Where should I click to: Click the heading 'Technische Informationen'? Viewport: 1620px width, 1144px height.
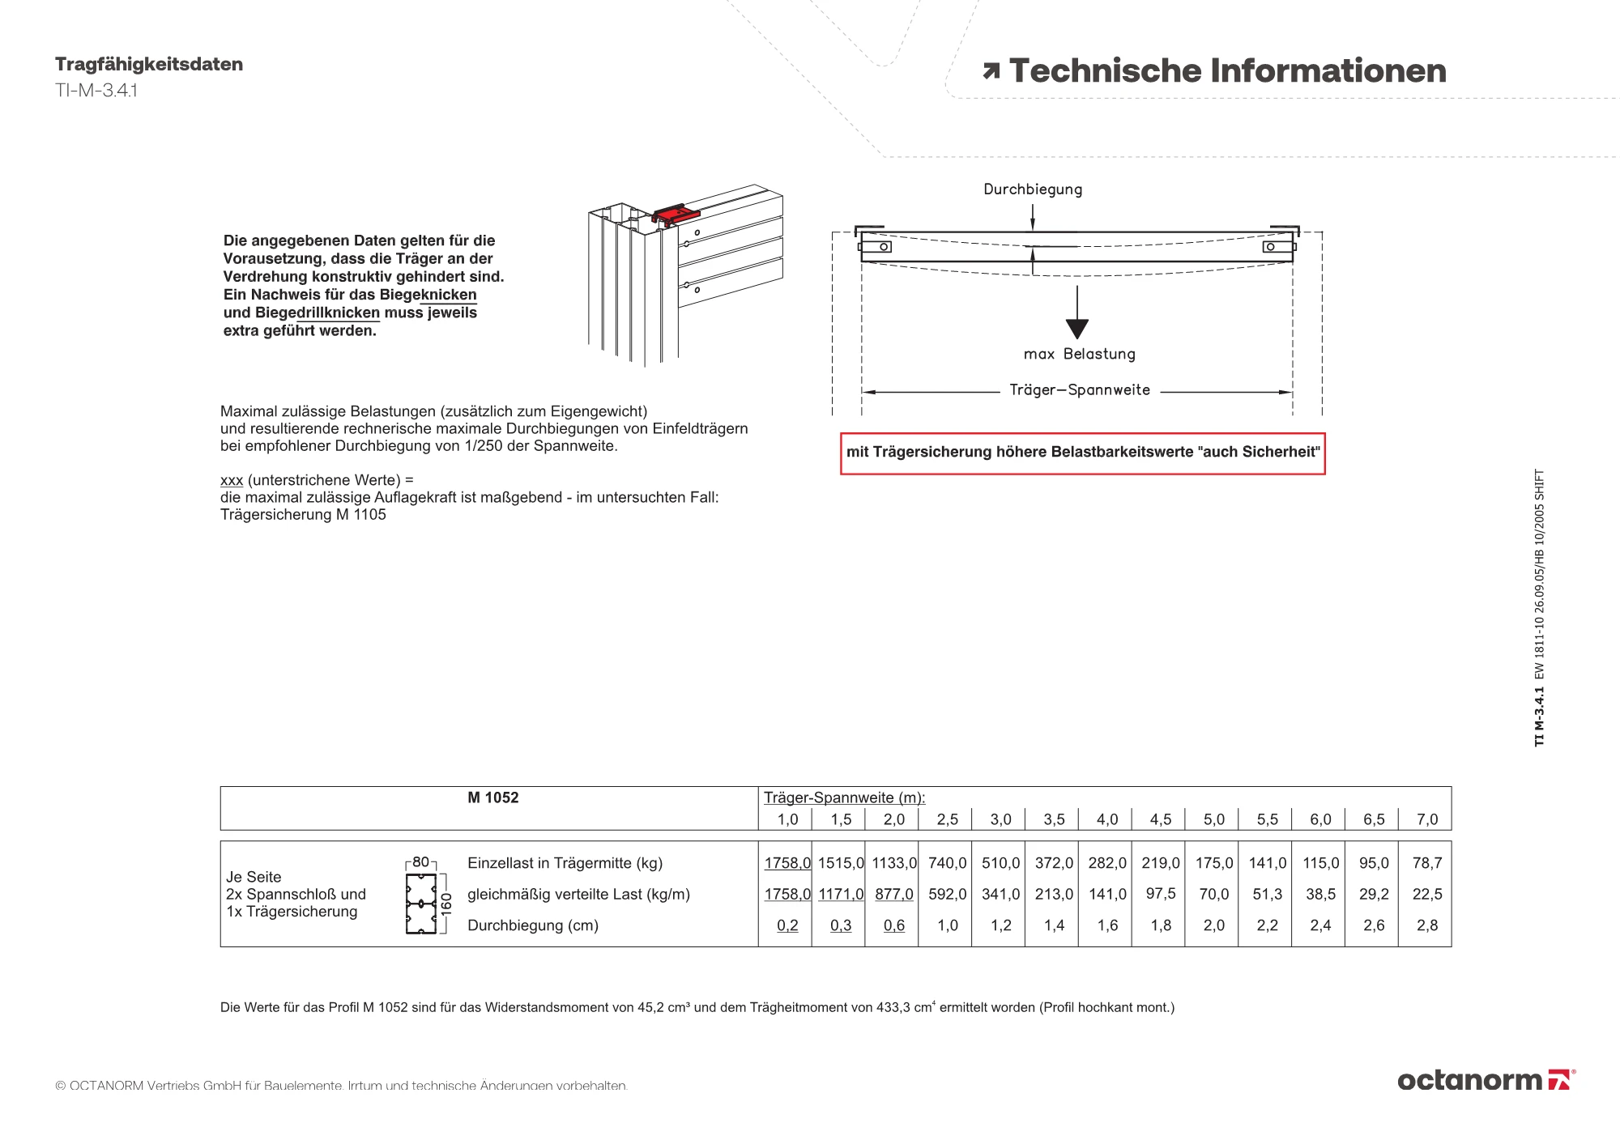pos(1227,71)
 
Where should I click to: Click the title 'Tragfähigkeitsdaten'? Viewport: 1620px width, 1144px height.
pos(149,65)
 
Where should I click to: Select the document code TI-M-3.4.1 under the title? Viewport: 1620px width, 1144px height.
pos(96,91)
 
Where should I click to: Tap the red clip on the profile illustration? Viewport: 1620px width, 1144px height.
pos(676,215)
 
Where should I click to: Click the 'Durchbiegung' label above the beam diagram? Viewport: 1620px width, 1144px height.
pos(1033,189)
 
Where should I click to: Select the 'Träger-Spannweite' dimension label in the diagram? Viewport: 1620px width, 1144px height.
pos(1080,390)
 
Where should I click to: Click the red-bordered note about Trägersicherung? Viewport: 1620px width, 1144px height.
pos(1082,453)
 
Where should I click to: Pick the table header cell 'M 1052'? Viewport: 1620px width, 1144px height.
pos(492,798)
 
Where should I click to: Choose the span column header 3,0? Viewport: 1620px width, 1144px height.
pos(1000,819)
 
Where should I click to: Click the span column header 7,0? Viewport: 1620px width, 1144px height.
pos(1427,819)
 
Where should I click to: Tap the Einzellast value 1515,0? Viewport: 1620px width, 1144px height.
pos(841,863)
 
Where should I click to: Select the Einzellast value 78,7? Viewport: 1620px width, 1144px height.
pos(1427,863)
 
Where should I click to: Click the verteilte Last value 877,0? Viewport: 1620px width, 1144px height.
pos(894,895)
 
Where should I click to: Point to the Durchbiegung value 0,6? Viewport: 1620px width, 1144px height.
pos(894,925)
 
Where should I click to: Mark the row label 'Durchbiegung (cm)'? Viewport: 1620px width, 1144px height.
pos(532,925)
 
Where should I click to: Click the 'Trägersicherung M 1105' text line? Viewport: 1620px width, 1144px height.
pos(303,515)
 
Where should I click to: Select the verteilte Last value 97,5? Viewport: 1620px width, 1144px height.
pos(1161,894)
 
